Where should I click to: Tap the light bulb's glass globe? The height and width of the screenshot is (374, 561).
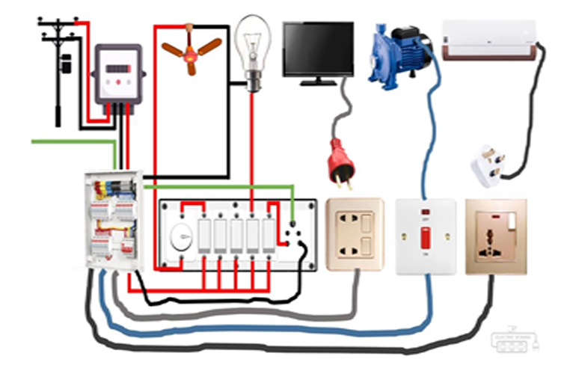point(252,41)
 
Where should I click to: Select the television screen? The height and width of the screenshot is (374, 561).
point(318,48)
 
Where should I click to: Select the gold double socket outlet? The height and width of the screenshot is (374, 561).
point(355,233)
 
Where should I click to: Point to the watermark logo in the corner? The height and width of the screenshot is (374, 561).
point(514,340)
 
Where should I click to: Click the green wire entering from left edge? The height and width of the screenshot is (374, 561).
point(67,141)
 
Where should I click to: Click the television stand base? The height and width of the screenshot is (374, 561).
point(318,81)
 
